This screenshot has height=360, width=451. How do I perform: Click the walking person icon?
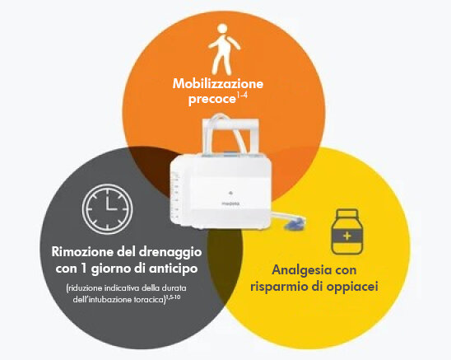pos(224,49)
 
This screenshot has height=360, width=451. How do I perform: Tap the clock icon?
pos(107,208)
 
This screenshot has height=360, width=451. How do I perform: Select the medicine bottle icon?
pos(347,231)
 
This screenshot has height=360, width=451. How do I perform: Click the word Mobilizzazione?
pos(218,83)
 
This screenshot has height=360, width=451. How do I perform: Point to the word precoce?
pos(212,100)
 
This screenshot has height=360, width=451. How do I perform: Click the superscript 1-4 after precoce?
pos(242,96)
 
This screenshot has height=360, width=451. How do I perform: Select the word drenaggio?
pos(170,253)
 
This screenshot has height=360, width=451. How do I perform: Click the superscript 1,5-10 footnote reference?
pos(173,297)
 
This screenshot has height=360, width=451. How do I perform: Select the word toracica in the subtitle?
pos(149,300)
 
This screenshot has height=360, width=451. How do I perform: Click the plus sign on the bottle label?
pos(347,236)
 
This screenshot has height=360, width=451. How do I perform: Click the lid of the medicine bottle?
pos(347,213)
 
